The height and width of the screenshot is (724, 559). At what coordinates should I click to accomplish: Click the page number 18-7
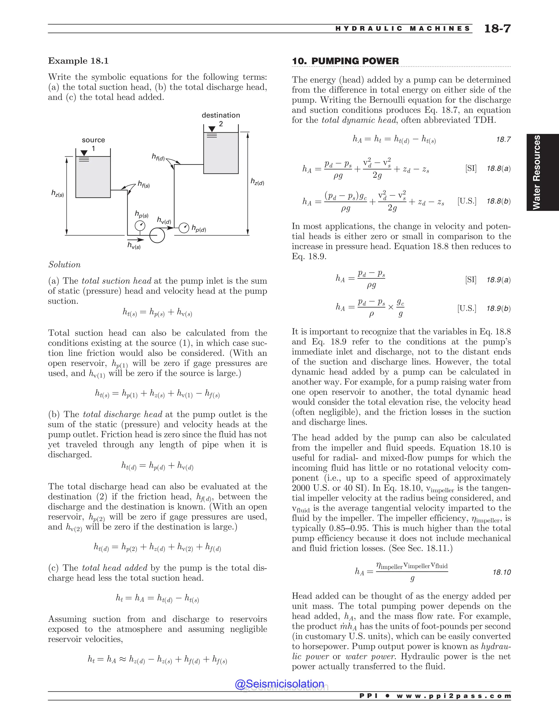(x=497, y=29)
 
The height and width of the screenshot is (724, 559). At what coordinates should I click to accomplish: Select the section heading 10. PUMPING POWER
(x=345, y=61)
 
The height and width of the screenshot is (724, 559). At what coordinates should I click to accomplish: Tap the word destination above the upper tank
(x=221, y=115)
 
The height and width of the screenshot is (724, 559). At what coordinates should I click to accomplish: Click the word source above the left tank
(x=93, y=140)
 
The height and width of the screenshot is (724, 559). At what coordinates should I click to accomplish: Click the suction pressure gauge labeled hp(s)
(x=140, y=226)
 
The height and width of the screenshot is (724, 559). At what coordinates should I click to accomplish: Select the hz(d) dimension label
(x=257, y=182)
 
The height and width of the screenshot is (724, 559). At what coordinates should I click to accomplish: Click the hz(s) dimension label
(x=57, y=193)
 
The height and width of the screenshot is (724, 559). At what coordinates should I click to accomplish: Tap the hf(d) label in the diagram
(x=158, y=157)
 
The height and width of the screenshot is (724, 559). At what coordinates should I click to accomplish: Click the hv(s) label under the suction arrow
(x=134, y=246)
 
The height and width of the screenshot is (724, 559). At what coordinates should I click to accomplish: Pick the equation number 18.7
(x=503, y=140)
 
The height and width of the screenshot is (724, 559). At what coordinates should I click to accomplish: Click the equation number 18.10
(x=501, y=572)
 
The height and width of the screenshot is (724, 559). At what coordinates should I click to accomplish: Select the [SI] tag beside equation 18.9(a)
(x=471, y=280)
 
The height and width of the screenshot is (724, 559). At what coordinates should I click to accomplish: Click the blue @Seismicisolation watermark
(x=279, y=684)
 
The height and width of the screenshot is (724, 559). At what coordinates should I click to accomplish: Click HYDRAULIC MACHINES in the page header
(x=403, y=29)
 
